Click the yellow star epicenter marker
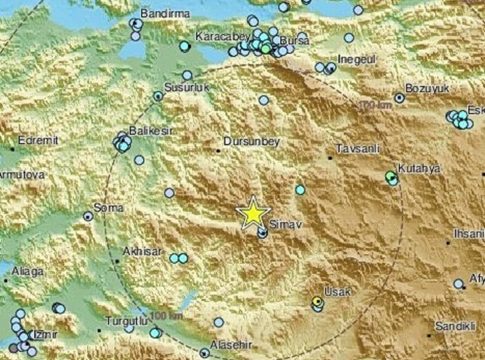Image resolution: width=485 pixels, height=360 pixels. pyautogui.click(x=254, y=212)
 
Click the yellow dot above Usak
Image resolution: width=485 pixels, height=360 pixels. pyautogui.click(x=316, y=300)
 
